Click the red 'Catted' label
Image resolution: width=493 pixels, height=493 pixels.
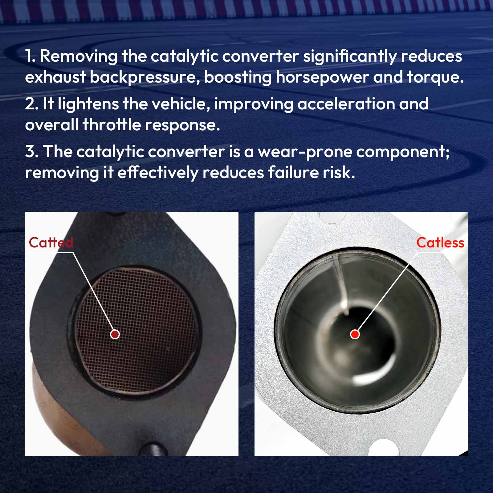[x=51, y=242]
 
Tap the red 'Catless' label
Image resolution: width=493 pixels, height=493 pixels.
[x=440, y=242]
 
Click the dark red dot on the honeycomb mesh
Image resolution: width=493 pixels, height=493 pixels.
[x=115, y=334]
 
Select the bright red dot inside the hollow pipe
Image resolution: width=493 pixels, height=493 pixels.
[x=355, y=334]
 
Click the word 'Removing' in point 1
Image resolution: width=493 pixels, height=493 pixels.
[x=79, y=56]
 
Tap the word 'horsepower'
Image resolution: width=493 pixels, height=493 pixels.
[x=322, y=77]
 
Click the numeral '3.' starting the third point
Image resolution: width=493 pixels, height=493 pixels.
[x=32, y=152]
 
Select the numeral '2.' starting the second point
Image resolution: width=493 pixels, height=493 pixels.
[x=32, y=104]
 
